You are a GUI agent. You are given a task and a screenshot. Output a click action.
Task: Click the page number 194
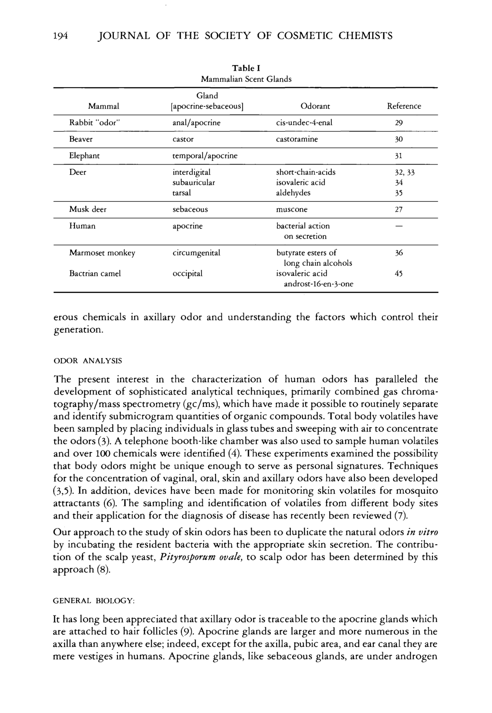tap(60, 36)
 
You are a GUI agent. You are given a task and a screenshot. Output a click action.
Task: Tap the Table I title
tap(246, 68)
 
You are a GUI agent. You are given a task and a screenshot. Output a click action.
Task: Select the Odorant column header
tap(315, 106)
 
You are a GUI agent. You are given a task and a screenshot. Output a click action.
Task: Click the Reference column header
tap(404, 106)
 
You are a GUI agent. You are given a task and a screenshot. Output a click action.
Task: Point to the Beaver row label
tap(81, 139)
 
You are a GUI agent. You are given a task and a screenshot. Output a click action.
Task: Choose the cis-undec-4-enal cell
tap(304, 123)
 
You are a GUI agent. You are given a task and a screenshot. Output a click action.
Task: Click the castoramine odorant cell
tap(297, 139)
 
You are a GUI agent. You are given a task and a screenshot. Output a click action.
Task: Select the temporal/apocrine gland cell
tap(205, 156)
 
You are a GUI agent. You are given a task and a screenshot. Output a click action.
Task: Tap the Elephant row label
tap(84, 156)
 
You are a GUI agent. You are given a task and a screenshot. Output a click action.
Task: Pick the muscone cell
tap(292, 210)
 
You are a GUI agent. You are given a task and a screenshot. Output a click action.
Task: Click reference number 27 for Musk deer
tap(399, 210)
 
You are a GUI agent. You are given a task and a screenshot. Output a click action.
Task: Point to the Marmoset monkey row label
tap(102, 253)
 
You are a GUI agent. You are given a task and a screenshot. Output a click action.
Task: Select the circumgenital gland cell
tap(197, 253)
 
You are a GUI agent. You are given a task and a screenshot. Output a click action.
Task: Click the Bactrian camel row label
tap(95, 274)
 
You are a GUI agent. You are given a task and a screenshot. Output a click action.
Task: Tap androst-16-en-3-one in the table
tap(319, 284)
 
